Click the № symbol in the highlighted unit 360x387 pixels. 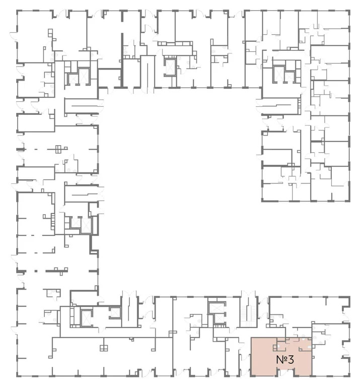(281, 360)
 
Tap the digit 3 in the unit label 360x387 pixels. (291, 360)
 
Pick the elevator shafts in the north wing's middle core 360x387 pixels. (170, 66)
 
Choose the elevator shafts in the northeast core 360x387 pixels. (279, 74)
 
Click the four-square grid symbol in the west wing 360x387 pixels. (58, 149)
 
